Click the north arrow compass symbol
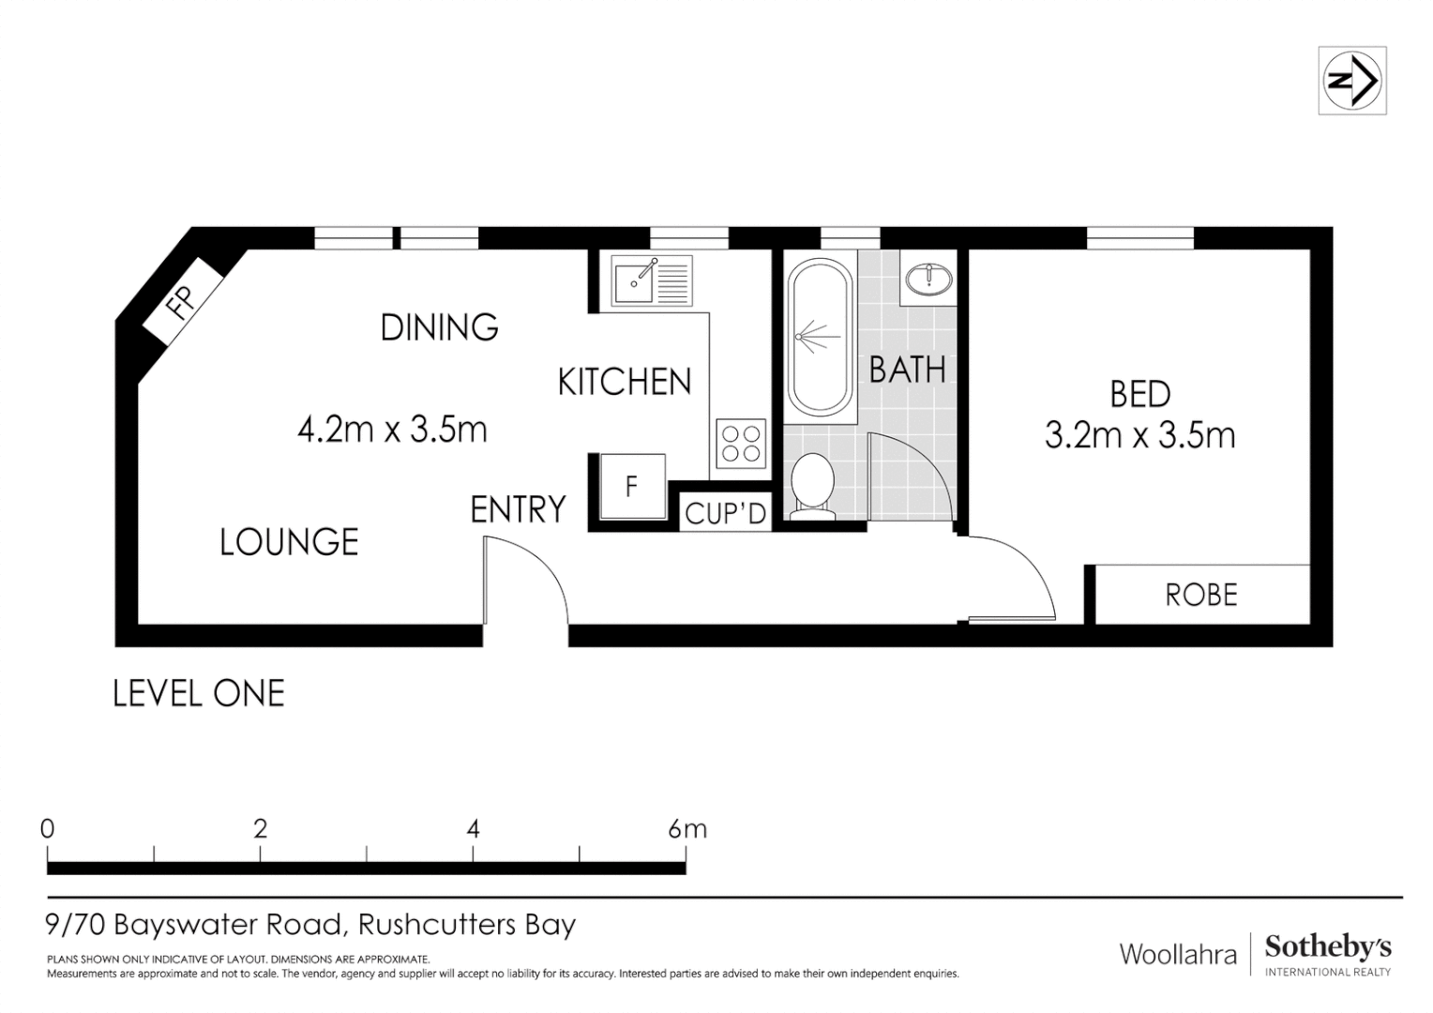[x=1351, y=81]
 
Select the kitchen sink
[x=652, y=280]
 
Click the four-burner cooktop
[x=741, y=444]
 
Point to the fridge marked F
[x=632, y=486]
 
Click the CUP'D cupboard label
[x=725, y=513]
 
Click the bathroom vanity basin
[x=928, y=279]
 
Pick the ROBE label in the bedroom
[x=1201, y=595]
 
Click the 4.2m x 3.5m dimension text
[x=392, y=430]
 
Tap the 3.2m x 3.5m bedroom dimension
[x=1139, y=435]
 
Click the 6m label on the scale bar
[x=687, y=829]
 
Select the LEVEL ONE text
[x=199, y=694]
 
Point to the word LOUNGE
[x=289, y=542]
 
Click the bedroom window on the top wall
[x=1139, y=238]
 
